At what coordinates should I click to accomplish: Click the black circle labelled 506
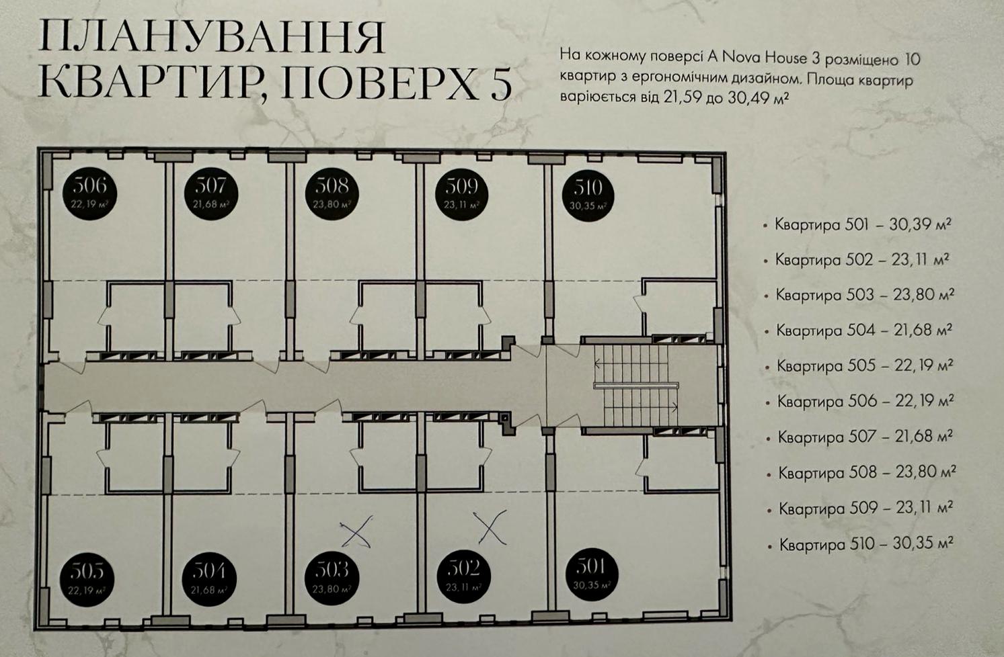click(x=89, y=193)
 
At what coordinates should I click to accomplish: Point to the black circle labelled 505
click(x=87, y=580)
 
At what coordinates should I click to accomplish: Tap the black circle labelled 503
click(x=332, y=578)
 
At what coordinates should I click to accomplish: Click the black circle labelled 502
click(x=464, y=576)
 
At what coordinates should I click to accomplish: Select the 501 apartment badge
click(x=592, y=575)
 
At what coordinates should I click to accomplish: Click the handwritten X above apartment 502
click(x=490, y=527)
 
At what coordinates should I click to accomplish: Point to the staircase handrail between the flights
click(x=636, y=386)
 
